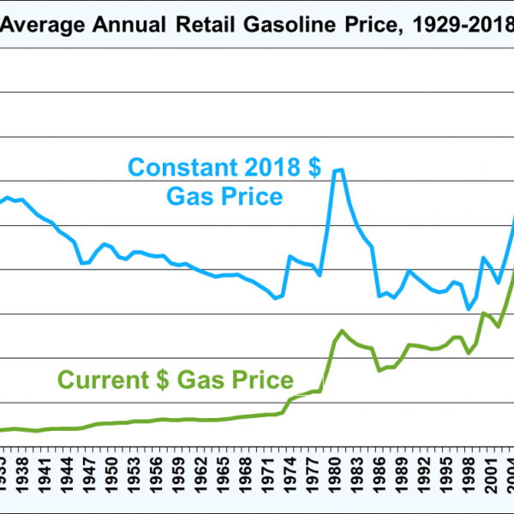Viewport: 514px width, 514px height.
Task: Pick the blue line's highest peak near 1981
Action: click(338, 170)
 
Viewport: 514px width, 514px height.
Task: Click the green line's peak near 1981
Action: click(342, 331)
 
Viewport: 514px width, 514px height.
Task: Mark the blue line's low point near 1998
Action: click(469, 308)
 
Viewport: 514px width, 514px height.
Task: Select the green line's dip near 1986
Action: click(380, 370)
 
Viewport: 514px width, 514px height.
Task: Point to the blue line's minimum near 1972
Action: click(275, 297)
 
